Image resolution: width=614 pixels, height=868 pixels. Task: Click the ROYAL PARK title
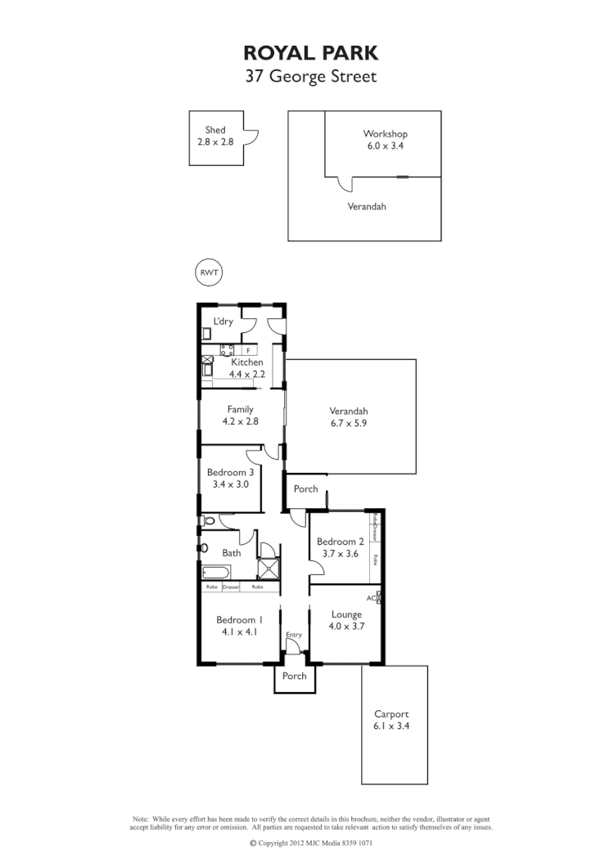(x=310, y=54)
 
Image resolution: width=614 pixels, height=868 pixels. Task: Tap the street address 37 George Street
(x=310, y=78)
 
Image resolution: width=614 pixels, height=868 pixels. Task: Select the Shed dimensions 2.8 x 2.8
(x=215, y=142)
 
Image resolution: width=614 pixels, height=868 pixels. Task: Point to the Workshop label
(x=385, y=134)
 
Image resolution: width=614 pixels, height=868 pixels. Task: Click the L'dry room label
(x=223, y=322)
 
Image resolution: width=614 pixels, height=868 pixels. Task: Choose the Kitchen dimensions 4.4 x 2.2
(x=246, y=373)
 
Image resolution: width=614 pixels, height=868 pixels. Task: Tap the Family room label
(x=240, y=409)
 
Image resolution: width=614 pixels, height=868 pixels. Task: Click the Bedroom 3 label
(x=229, y=472)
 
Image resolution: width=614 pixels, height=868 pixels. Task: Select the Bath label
(x=232, y=553)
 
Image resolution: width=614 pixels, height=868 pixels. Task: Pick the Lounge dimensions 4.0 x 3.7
(x=346, y=626)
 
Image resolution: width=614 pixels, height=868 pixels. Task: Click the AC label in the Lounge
(x=371, y=598)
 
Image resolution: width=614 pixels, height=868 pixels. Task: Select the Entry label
(x=294, y=635)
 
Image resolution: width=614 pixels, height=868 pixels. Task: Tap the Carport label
(x=391, y=713)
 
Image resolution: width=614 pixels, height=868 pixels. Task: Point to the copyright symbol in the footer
(x=253, y=843)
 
